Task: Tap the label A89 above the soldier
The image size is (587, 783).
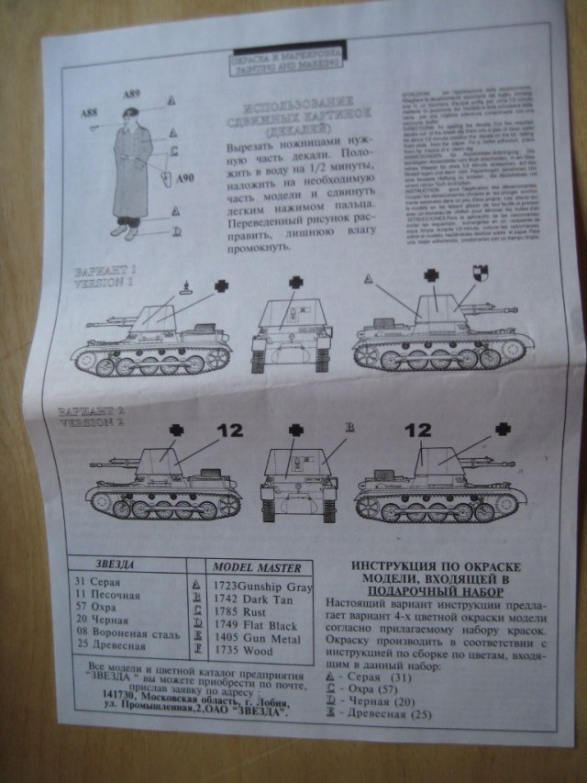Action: coord(131,93)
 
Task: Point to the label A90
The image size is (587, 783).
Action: coord(186,178)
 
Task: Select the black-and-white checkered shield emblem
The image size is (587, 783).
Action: coord(479,274)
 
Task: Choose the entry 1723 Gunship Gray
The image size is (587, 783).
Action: coord(261,586)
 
